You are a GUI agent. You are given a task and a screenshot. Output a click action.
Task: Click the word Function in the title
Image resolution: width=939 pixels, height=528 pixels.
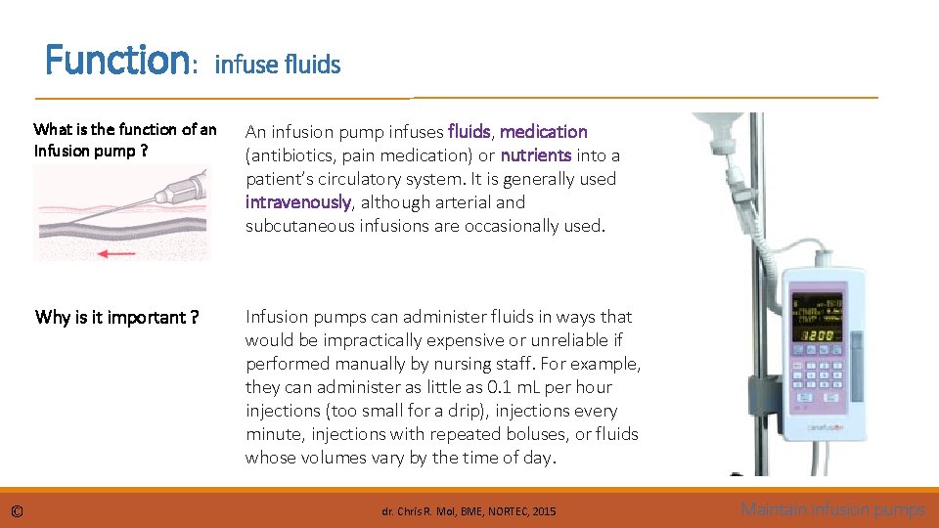(116, 61)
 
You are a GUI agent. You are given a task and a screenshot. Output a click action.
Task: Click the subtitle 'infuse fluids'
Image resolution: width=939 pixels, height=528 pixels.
(277, 66)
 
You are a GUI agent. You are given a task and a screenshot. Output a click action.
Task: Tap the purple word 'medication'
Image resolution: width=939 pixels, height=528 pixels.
(544, 131)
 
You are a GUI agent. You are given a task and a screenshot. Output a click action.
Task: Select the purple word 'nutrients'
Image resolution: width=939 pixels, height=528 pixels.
(536, 154)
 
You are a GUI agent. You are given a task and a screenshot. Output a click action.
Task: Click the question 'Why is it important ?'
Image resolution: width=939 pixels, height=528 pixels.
(117, 317)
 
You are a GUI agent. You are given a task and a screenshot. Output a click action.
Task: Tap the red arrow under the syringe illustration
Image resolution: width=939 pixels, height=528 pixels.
(118, 253)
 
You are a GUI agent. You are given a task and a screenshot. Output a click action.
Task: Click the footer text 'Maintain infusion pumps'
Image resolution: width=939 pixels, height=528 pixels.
(832, 509)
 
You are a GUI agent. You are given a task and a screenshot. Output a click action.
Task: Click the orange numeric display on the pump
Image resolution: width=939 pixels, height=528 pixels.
(818, 335)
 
